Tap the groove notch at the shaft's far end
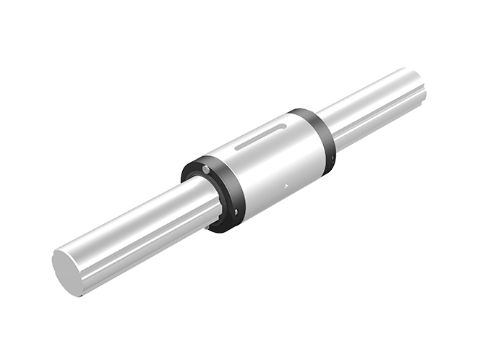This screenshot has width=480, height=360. click(x=424, y=94)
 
